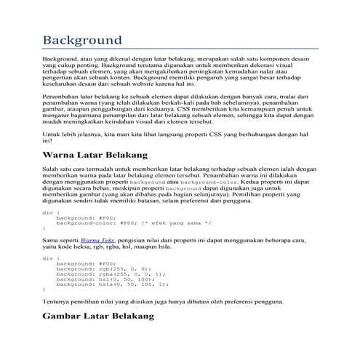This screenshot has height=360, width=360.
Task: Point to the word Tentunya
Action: (x=56, y=300)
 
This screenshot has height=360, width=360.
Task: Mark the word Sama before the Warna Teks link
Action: (x=50, y=239)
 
